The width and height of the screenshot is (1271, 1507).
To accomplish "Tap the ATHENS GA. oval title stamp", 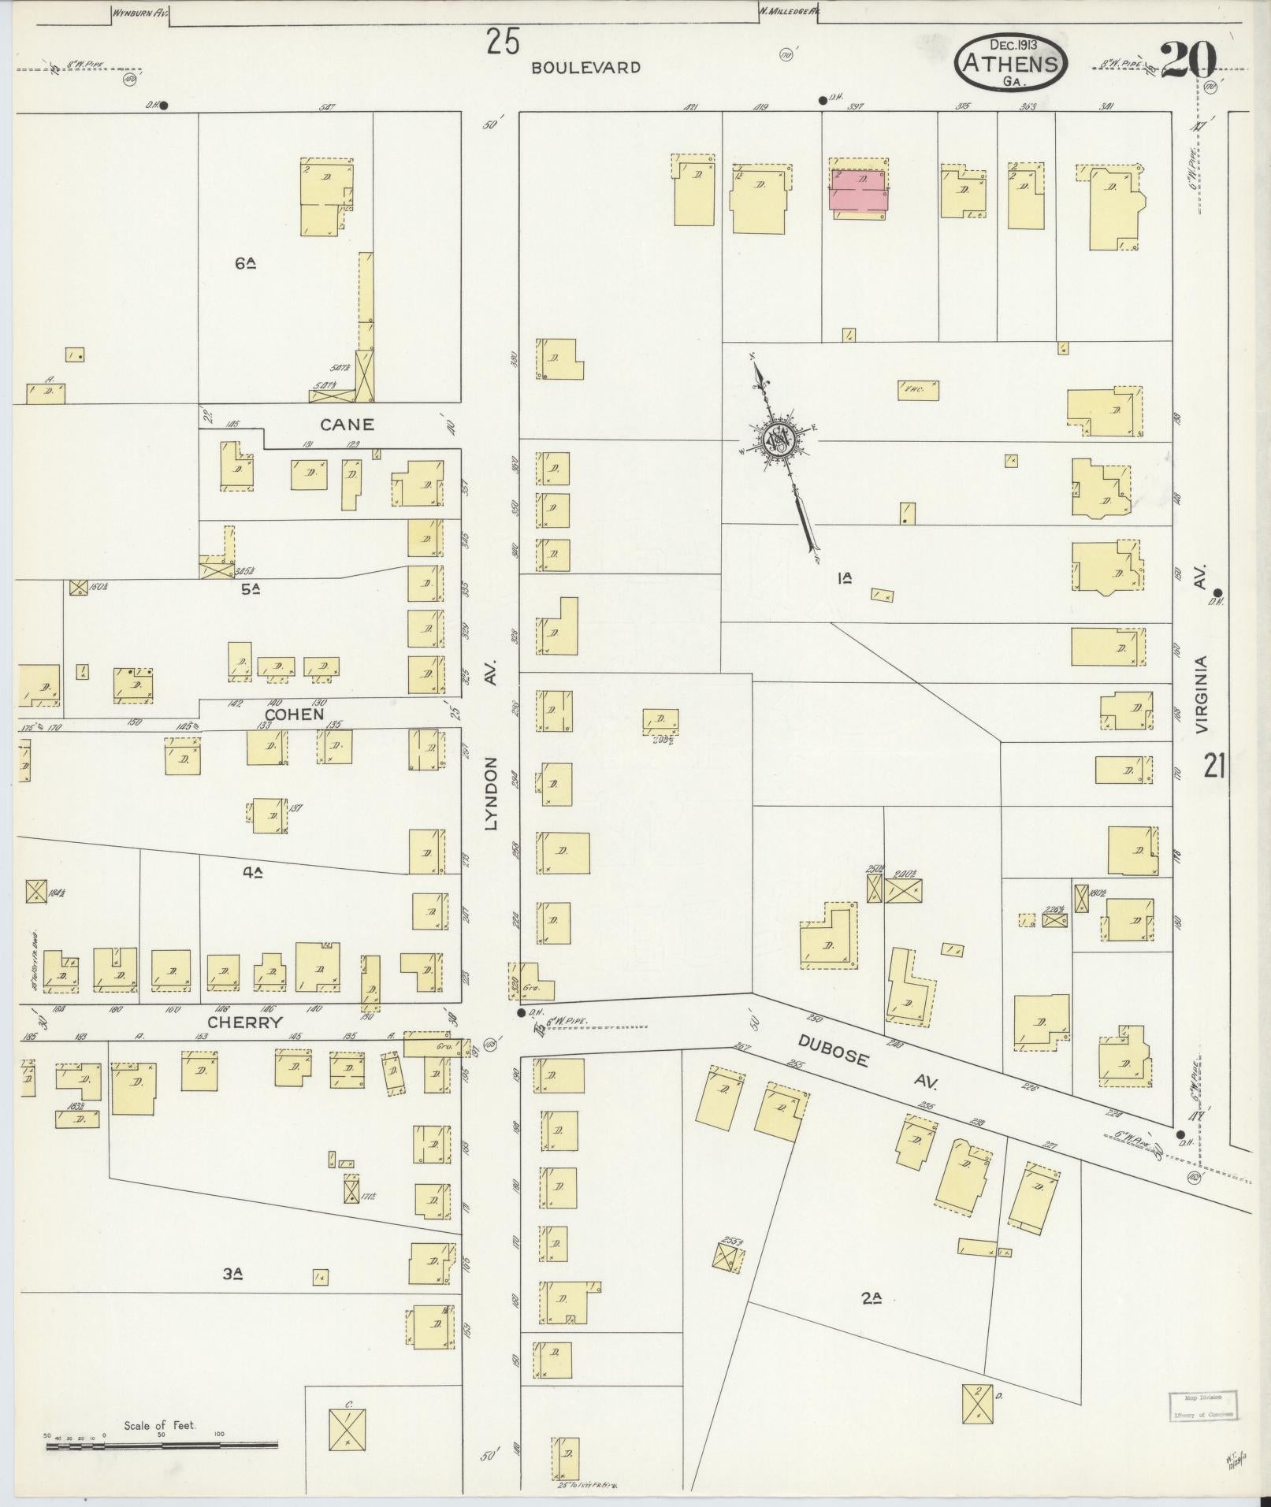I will (1011, 60).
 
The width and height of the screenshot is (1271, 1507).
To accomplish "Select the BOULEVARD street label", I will (585, 68).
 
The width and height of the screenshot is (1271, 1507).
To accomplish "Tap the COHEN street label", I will (294, 715).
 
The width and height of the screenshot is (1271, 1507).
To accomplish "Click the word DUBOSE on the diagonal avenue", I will (833, 1051).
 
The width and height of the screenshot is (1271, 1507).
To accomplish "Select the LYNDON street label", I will (492, 793).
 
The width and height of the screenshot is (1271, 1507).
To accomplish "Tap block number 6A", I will (245, 264).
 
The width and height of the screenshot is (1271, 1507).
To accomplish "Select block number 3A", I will (231, 1273).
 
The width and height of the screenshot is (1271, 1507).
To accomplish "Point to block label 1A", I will (845, 579).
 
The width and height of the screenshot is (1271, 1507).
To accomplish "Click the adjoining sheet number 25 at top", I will (503, 42).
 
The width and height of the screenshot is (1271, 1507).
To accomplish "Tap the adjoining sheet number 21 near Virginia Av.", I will (1213, 765).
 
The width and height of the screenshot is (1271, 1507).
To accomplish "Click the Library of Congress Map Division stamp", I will (1202, 1405).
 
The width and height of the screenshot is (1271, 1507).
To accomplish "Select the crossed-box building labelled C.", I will (347, 1428).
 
